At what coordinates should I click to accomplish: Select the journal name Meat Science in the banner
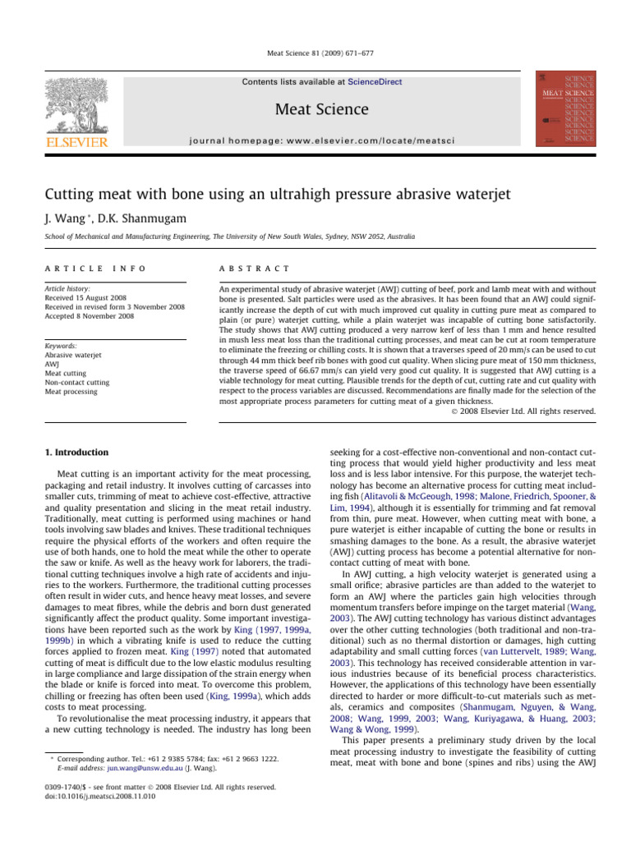(315, 109)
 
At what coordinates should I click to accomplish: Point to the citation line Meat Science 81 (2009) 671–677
(315, 53)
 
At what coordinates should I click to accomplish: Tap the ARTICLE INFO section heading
(85, 268)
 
